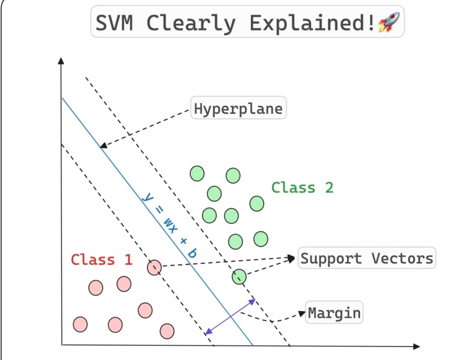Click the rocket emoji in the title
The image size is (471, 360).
389,24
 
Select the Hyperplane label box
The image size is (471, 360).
238,110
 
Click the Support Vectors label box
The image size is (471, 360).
367,258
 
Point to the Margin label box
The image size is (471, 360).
334,312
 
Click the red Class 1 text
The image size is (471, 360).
102,260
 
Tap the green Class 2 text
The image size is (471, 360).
302,187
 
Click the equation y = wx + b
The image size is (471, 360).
167,224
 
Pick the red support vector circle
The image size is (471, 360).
154,268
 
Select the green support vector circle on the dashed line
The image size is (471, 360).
239,276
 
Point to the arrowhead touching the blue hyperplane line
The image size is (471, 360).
103,146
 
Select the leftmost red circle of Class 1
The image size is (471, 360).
80,324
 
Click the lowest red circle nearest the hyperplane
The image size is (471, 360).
167,331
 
